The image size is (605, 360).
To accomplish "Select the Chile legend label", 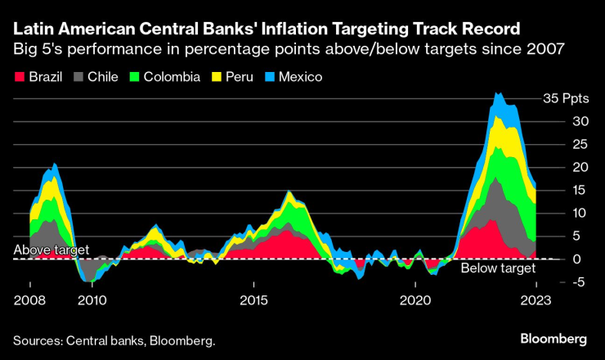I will (102, 77).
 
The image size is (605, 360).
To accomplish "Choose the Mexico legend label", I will (300, 77).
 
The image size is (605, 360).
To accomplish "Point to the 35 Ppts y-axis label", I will (566, 98).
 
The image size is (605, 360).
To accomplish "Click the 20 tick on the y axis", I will (558, 167).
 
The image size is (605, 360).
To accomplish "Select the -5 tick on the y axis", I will (556, 282).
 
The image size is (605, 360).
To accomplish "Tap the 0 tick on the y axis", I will (553, 259).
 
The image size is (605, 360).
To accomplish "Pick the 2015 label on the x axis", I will (254, 299).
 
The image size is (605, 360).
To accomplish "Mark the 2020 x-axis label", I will (415, 299).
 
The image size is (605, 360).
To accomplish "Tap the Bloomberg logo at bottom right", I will (554, 339).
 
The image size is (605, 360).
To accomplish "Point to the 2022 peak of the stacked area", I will (496, 93).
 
